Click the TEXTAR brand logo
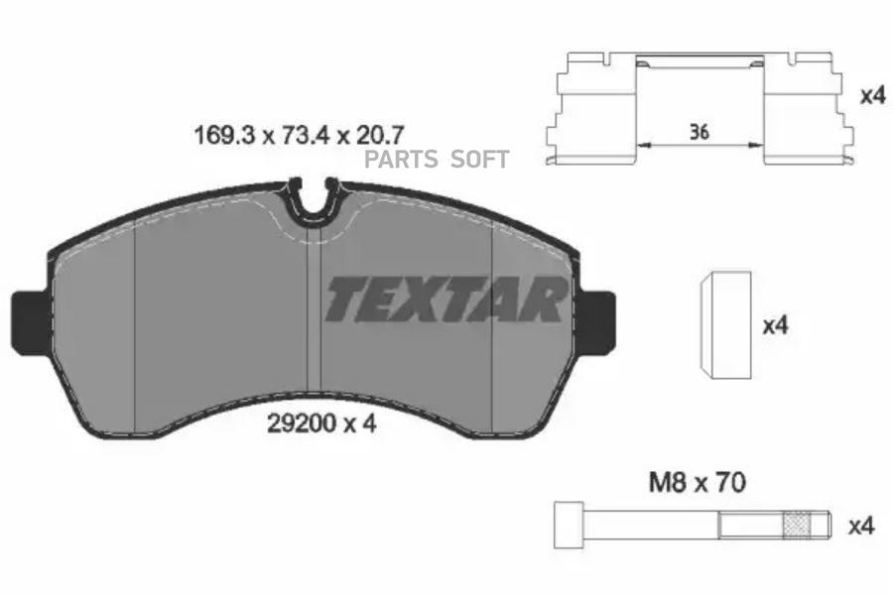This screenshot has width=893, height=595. click(x=446, y=298)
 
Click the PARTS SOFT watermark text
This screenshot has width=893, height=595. click(x=437, y=160)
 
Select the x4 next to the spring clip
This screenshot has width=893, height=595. click(x=870, y=96)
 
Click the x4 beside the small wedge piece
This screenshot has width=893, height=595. click(x=774, y=325)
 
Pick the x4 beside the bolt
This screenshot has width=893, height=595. click(x=860, y=527)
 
